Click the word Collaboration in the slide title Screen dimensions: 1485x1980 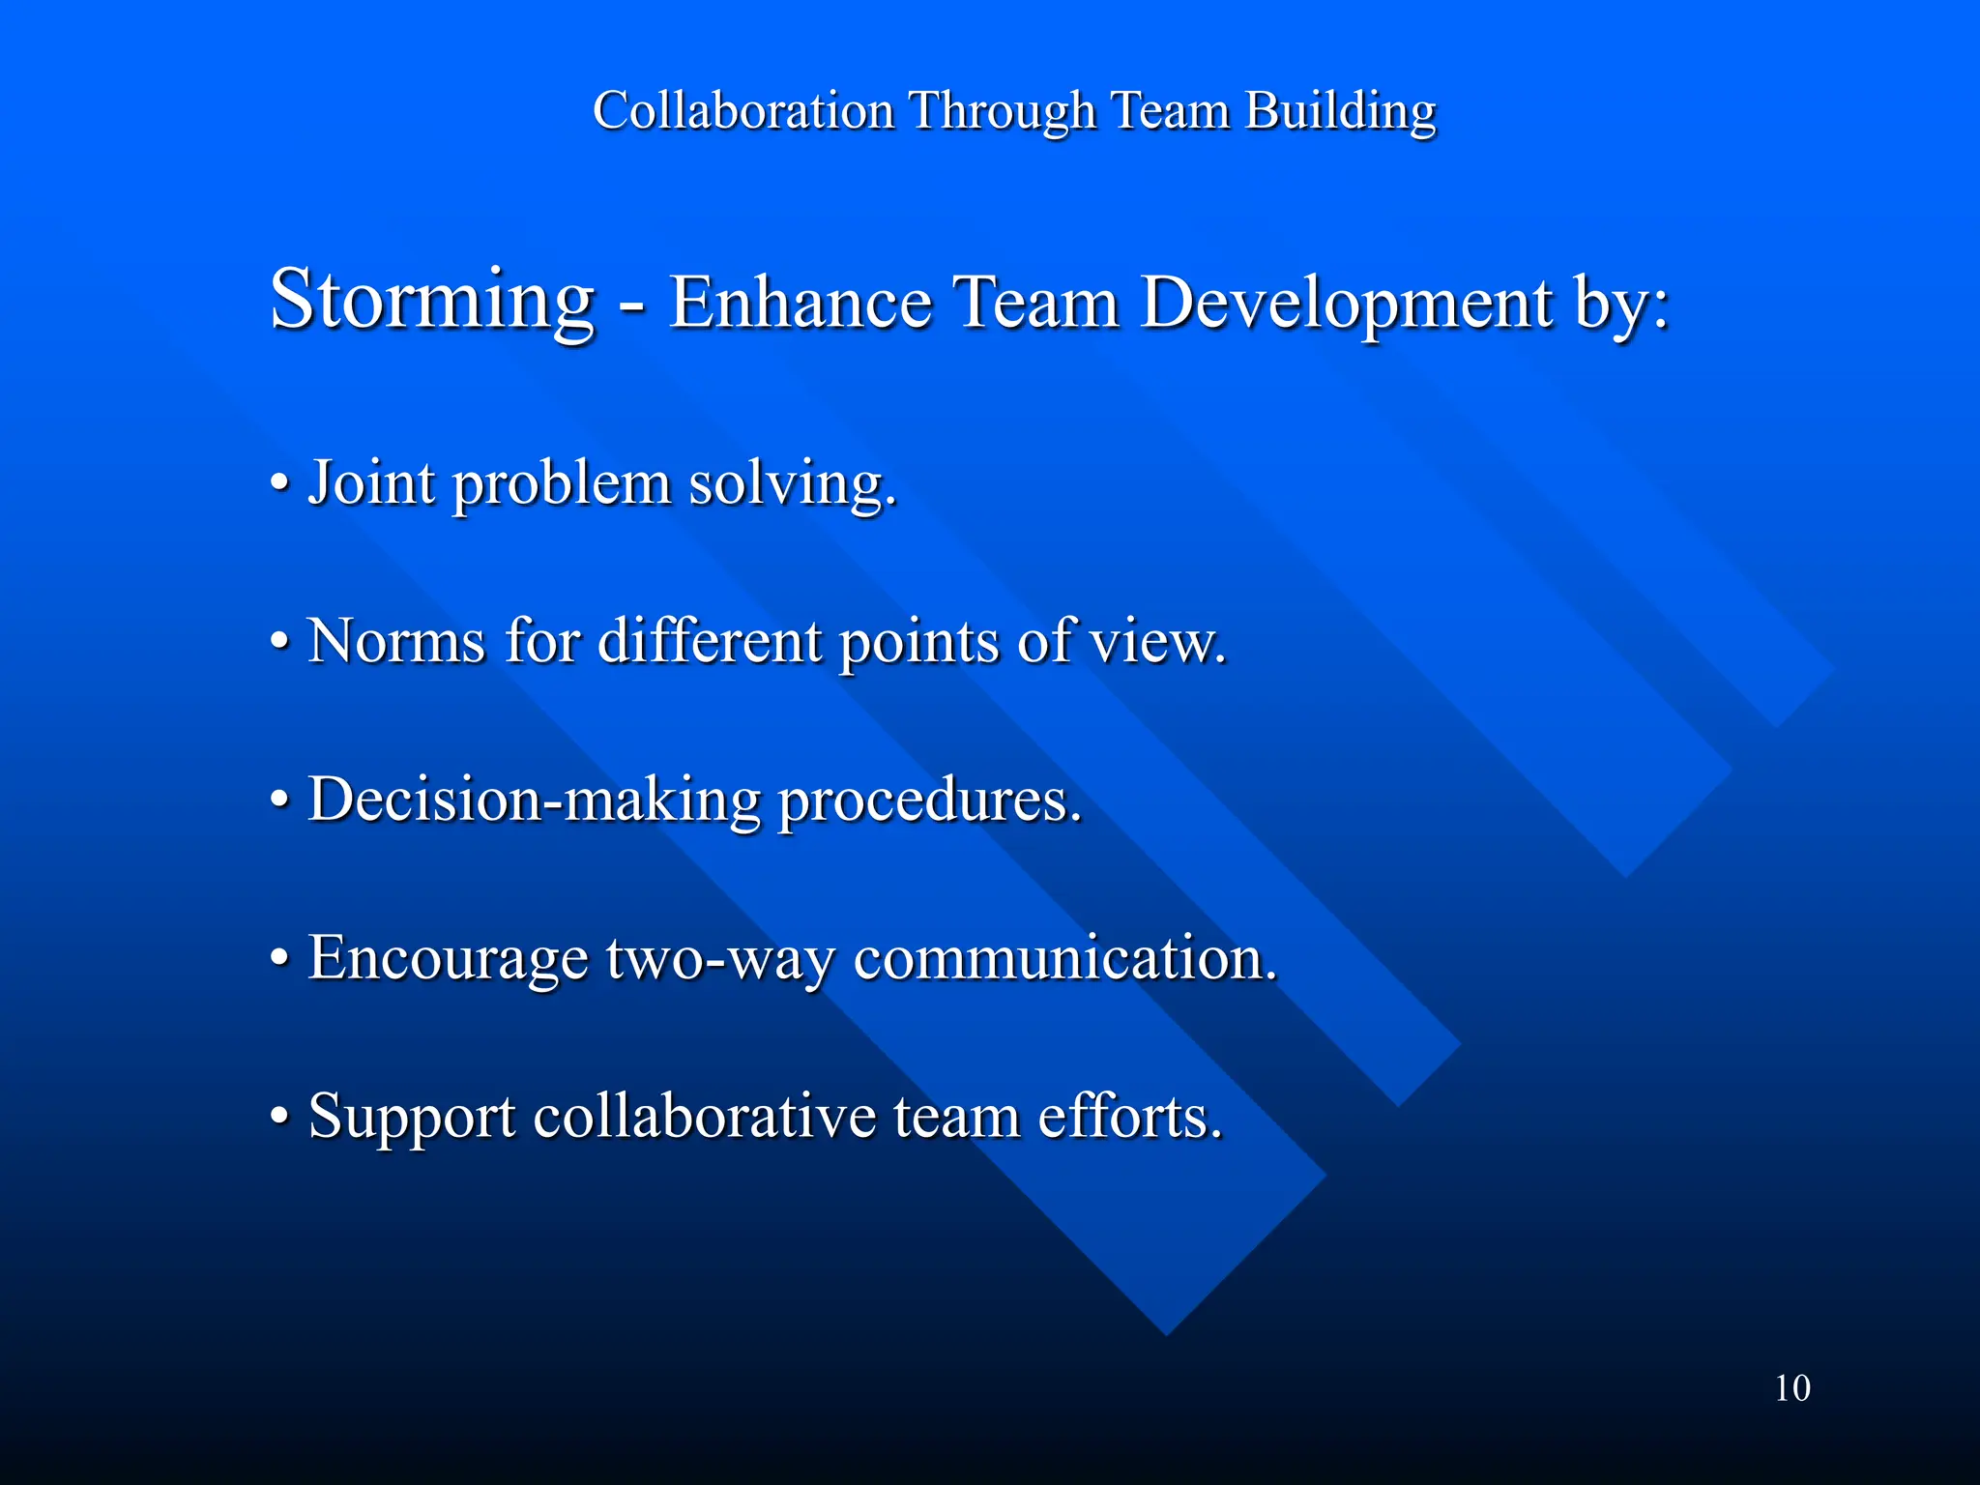tap(742, 110)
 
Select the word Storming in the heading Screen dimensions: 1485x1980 tap(431, 300)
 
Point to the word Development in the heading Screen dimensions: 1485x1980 tap(1347, 304)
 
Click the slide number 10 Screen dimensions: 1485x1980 tap(1791, 1388)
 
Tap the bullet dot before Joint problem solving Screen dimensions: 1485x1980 tap(279, 481)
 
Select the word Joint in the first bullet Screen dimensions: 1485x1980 tap(371, 481)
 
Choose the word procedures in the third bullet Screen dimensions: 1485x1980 tap(929, 800)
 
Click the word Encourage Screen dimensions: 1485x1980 tap(448, 959)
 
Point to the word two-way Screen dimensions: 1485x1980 tap(720, 959)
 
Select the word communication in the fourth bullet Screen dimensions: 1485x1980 tap(1064, 957)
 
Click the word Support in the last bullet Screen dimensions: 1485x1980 tap(412, 1118)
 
